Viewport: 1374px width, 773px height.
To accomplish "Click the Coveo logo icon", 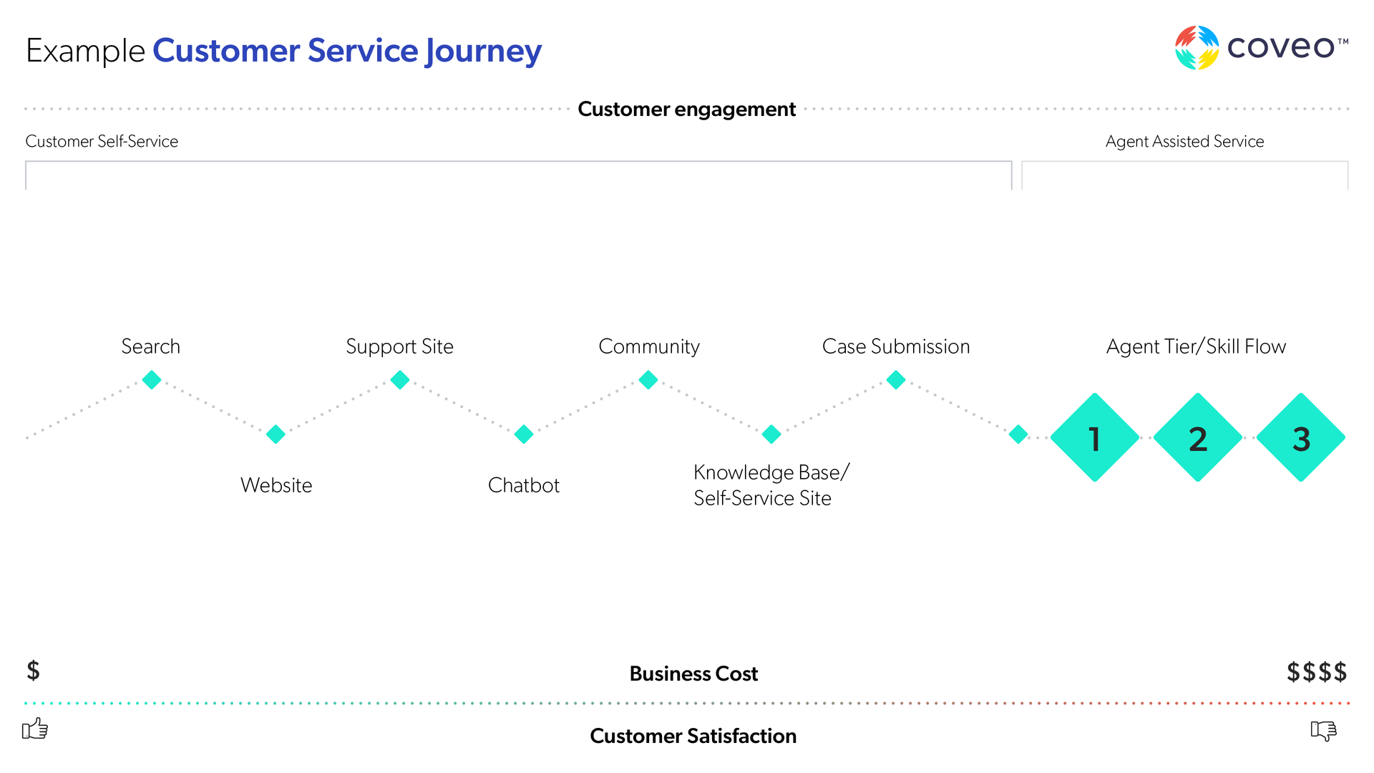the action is (x=1197, y=47).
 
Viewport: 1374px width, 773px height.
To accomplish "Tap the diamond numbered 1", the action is (x=1095, y=437).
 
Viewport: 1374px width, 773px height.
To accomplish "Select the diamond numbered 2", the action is (x=1198, y=437).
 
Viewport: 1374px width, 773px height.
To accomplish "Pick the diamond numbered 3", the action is (x=1301, y=437).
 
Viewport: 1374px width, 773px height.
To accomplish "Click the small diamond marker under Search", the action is (x=152, y=379).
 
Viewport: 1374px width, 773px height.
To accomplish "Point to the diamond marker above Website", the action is (x=276, y=434).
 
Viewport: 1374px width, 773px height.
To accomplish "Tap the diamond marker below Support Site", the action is (x=400, y=379).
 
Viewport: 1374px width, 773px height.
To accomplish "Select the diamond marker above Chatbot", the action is (x=524, y=434).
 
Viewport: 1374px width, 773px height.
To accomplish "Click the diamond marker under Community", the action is (x=648, y=379).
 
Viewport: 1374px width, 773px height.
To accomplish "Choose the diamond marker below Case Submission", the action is (x=896, y=379).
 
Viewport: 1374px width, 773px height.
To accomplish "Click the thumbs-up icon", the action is (x=35, y=729).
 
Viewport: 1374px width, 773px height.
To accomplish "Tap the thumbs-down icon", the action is (x=1324, y=730).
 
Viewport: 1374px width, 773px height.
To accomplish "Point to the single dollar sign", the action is (x=33, y=671).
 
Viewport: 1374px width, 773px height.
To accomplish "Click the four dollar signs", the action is (x=1317, y=672).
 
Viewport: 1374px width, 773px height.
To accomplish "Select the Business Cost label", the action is (x=693, y=674).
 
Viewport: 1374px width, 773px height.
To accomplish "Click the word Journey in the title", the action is (x=484, y=52).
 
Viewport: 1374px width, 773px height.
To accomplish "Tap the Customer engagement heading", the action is (x=687, y=109).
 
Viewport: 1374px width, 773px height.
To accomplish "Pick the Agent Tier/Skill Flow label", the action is (x=1196, y=346).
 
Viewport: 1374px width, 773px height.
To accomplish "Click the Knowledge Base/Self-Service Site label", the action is (x=771, y=485).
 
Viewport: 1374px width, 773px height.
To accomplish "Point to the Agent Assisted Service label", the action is (x=1185, y=142).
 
